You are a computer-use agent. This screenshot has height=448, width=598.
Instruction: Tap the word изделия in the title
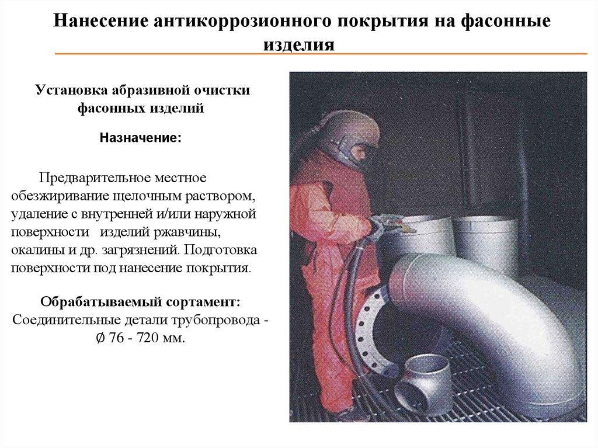point(299,45)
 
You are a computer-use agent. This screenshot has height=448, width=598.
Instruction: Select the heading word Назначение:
point(140,138)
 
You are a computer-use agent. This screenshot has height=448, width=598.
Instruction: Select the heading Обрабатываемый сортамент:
point(140,302)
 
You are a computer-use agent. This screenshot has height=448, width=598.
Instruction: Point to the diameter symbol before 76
point(100,338)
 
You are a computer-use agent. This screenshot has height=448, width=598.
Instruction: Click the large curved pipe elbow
point(488,321)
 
